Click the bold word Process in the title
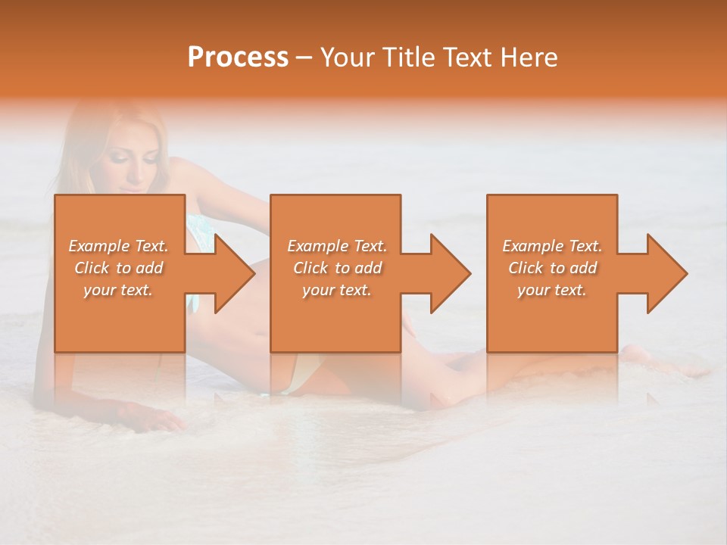238,57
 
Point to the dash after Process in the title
304,58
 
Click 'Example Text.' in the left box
118,246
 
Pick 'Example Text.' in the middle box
337,246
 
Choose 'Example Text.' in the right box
552,246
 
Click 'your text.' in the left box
118,290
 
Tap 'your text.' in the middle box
337,290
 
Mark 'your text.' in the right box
552,290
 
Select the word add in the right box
582,268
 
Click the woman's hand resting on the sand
151,417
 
